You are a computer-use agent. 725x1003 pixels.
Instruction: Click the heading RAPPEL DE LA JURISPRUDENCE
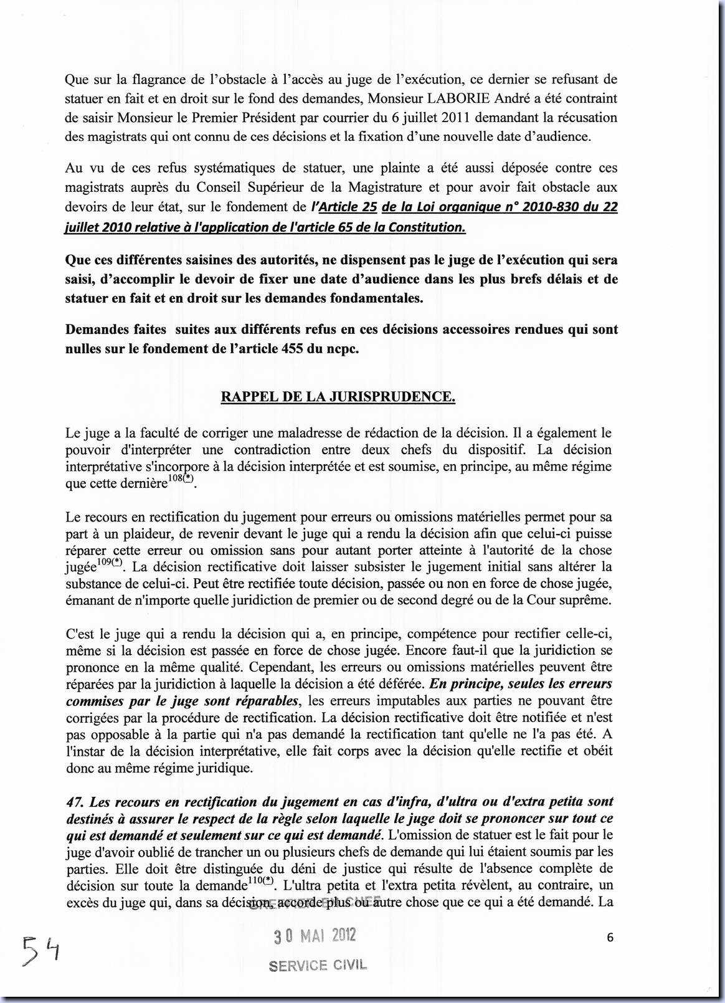pyautogui.click(x=338, y=397)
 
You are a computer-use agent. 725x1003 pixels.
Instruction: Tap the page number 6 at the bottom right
pyautogui.click(x=610, y=937)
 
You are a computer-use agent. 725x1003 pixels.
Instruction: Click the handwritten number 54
pyautogui.click(x=40, y=950)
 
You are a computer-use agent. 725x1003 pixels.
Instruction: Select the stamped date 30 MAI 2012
pyautogui.click(x=315, y=935)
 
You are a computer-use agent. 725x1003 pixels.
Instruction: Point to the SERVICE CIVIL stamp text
pyautogui.click(x=318, y=965)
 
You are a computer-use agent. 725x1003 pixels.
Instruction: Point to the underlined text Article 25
pyautogui.click(x=346, y=207)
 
